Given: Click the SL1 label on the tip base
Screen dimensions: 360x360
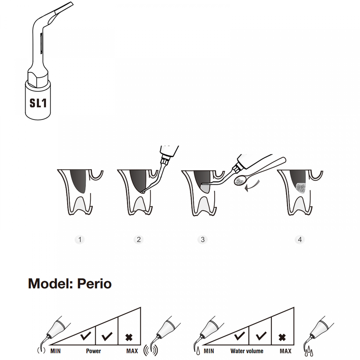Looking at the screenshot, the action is (x=38, y=103).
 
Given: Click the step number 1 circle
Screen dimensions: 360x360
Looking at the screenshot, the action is (x=80, y=239).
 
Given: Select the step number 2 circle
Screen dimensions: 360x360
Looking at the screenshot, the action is (x=139, y=239).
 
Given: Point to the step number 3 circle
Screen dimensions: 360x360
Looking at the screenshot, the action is (x=202, y=239).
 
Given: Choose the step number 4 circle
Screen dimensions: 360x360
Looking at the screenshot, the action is (x=300, y=239).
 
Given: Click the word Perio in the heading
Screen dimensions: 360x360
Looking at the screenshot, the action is (x=94, y=284).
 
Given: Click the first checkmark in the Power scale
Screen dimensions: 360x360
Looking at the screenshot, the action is (x=86, y=336).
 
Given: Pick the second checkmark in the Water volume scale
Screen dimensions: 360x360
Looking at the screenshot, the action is (x=261, y=336).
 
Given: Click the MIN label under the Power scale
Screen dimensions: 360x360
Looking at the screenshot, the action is (x=55, y=351).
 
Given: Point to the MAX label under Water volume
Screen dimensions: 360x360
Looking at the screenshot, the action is (x=286, y=351).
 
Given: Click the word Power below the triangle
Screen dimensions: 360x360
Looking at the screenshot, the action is (x=93, y=351).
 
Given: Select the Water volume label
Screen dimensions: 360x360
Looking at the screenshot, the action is (x=247, y=351).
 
